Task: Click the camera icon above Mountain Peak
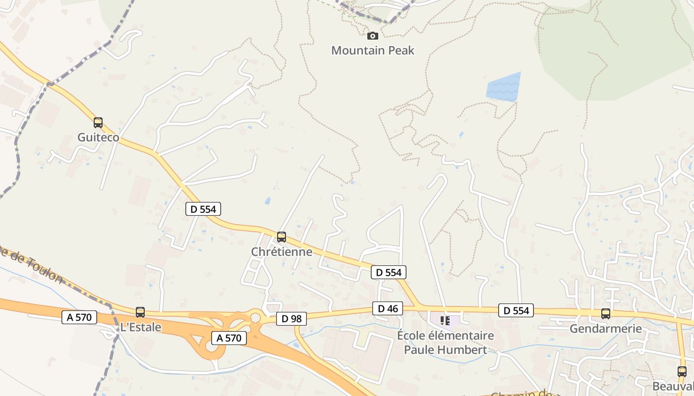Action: pyautogui.click(x=372, y=36)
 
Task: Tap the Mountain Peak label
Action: pyautogui.click(x=372, y=50)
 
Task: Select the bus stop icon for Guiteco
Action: pyautogui.click(x=98, y=123)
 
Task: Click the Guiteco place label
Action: pyautogui.click(x=98, y=137)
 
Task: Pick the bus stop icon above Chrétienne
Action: pyautogui.click(x=282, y=237)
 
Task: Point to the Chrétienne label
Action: pyautogui.click(x=282, y=251)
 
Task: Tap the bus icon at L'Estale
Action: pyautogui.click(x=140, y=312)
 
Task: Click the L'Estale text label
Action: pyautogui.click(x=141, y=327)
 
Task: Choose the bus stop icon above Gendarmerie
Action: pyautogui.click(x=605, y=313)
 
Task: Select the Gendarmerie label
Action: pyautogui.click(x=605, y=329)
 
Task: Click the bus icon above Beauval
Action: pyautogui.click(x=682, y=372)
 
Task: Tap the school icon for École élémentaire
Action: pyautogui.click(x=445, y=321)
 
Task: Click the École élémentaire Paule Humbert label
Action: pyautogui.click(x=445, y=343)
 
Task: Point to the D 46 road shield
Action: pyautogui.click(x=388, y=309)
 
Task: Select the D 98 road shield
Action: pyautogui.click(x=291, y=319)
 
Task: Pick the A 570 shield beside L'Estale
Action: pyautogui.click(x=79, y=317)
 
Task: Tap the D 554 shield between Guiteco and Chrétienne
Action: pyautogui.click(x=203, y=209)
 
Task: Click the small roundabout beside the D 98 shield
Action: pyautogui.click(x=255, y=316)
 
